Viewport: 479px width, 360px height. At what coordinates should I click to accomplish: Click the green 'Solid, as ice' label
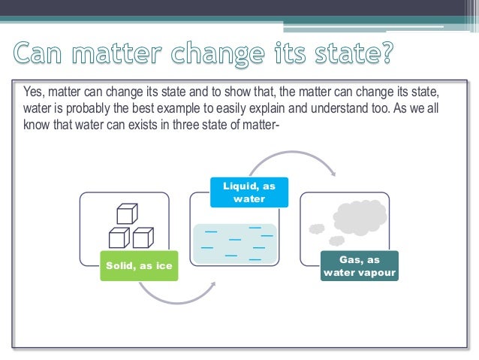[x=139, y=265]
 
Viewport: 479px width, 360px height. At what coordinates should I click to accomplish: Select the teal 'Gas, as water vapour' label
[x=359, y=265]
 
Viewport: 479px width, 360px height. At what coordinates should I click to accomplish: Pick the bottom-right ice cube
[x=142, y=237]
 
